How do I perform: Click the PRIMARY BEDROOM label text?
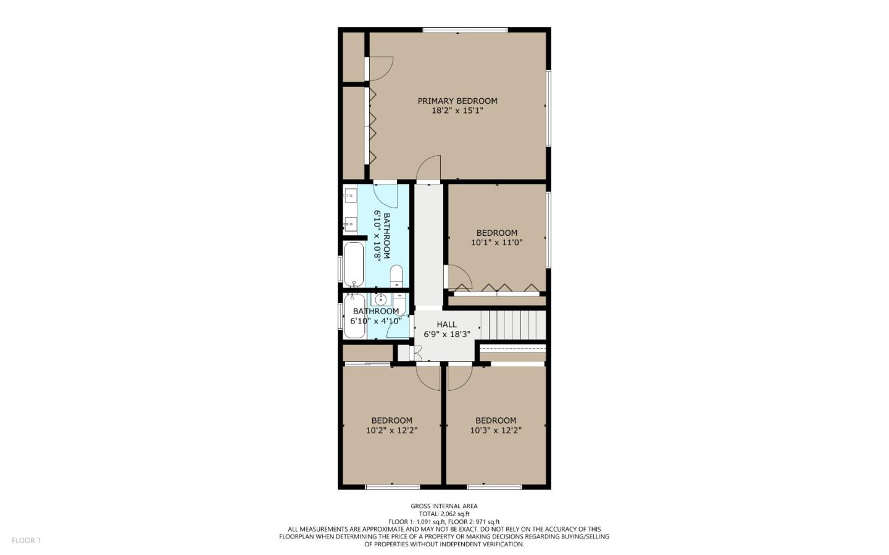(457, 101)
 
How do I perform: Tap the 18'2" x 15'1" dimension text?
(457, 111)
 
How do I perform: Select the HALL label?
(446, 324)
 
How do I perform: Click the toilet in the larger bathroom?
(396, 275)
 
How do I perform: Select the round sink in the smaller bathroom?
(381, 300)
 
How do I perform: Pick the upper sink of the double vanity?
(350, 196)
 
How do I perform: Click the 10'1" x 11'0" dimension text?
(496, 243)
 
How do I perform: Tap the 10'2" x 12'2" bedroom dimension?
(391, 430)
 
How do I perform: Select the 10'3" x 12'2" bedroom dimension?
(496, 430)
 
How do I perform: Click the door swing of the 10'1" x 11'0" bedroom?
(458, 277)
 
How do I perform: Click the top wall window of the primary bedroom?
(465, 30)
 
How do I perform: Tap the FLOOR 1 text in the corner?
(26, 540)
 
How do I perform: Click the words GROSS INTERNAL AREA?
(444, 506)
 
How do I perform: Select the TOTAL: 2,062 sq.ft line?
(444, 514)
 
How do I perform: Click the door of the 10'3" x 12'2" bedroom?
(459, 377)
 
